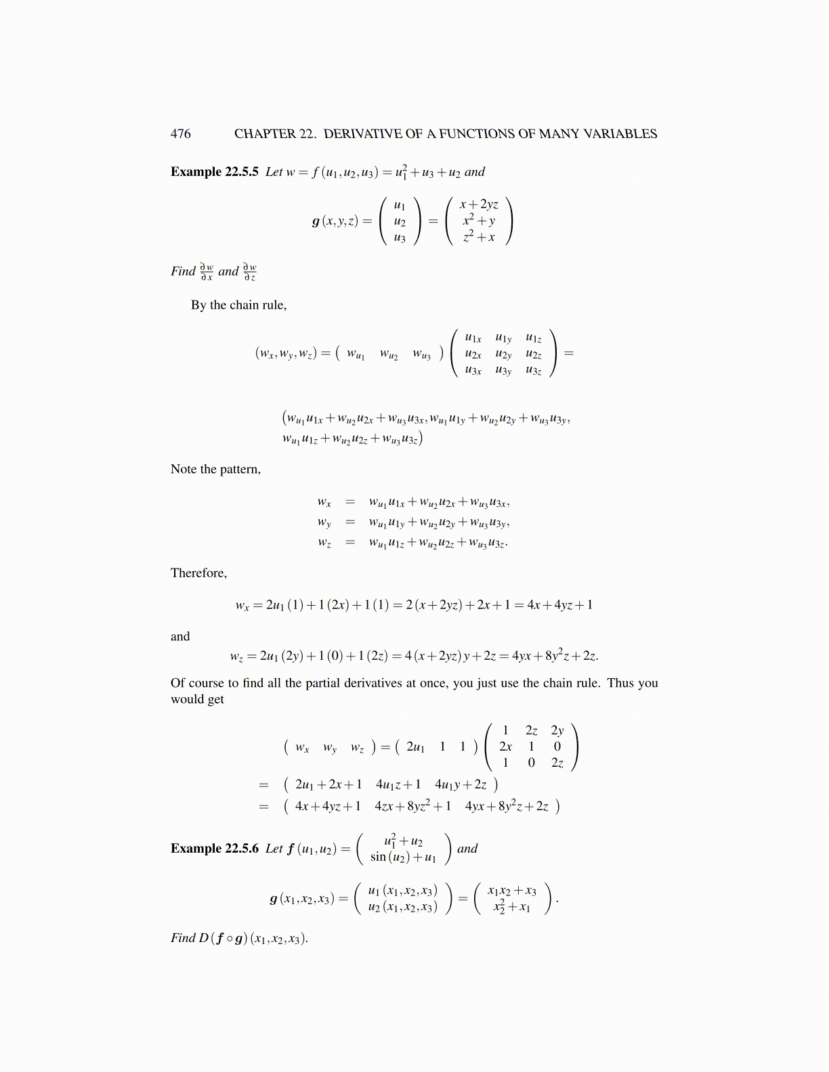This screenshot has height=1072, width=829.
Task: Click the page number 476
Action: (181, 134)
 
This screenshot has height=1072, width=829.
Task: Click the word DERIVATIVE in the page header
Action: (362, 134)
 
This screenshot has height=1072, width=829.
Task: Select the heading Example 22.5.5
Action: (214, 172)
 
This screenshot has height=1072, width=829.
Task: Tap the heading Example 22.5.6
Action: (214, 849)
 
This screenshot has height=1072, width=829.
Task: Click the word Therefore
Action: (198, 573)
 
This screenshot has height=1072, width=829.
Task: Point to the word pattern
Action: (238, 470)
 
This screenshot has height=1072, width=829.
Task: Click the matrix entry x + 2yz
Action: (479, 204)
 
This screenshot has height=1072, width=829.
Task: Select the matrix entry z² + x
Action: (479, 237)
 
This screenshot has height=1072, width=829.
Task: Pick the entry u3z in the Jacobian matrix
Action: (534, 370)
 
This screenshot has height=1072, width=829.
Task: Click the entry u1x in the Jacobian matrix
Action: (473, 338)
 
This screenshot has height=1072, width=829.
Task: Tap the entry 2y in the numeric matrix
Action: (557, 730)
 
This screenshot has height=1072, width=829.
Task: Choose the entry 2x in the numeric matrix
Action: (505, 746)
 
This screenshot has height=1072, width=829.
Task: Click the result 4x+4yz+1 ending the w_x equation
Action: (560, 605)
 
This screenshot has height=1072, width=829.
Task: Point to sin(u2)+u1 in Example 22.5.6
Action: (403, 857)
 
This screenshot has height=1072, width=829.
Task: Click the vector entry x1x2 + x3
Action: (512, 891)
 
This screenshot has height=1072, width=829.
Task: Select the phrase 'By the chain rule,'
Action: (238, 305)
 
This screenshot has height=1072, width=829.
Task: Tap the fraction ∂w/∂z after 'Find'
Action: (250, 272)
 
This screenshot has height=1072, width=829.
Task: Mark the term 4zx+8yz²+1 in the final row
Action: (412, 806)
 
